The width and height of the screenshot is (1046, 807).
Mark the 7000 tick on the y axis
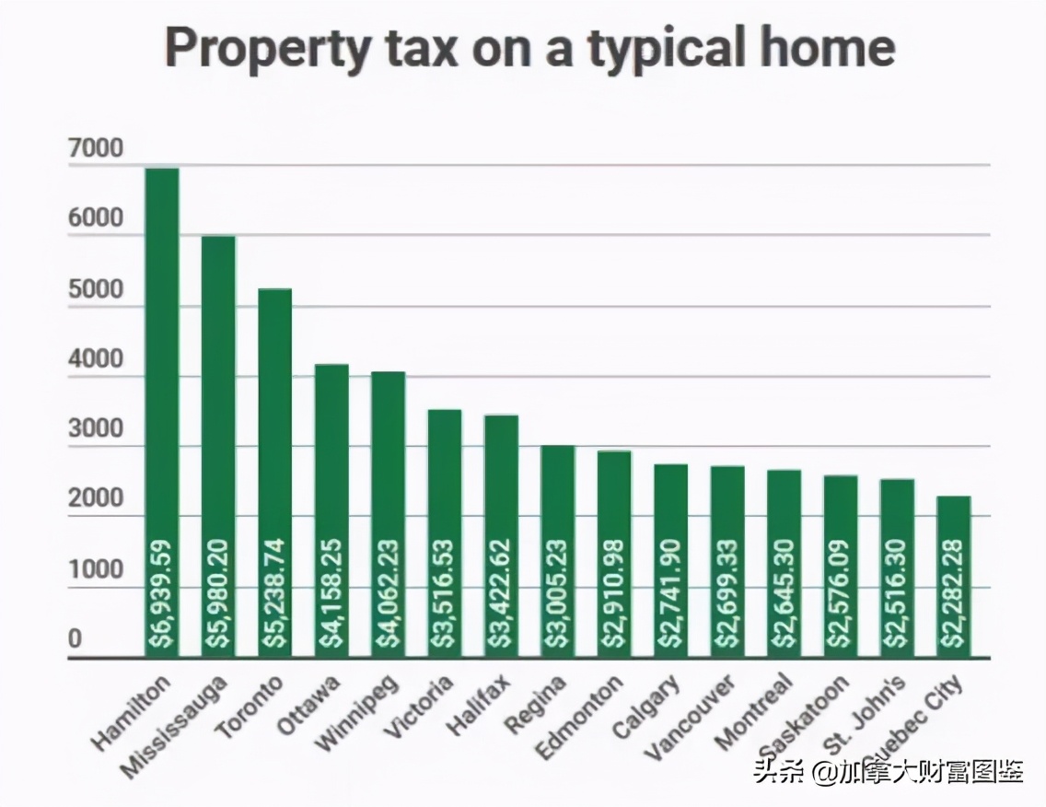click(x=95, y=149)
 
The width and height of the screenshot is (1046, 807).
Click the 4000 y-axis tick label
click(x=95, y=360)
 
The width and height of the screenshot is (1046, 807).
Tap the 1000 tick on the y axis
click(x=95, y=570)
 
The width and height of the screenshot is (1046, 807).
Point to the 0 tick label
click(x=76, y=640)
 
